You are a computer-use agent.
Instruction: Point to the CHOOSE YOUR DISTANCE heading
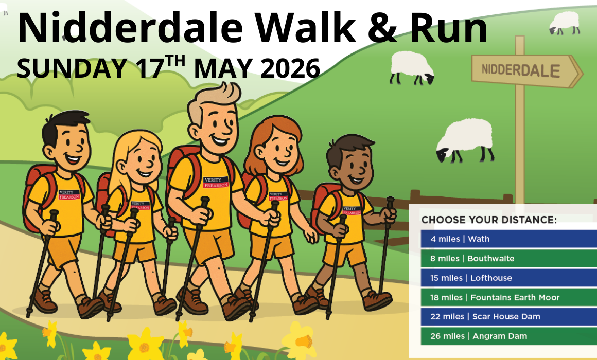point(489,220)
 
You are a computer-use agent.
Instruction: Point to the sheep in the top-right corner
point(564,23)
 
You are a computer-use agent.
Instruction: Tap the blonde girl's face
point(140,159)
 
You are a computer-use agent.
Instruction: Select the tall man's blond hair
point(212,101)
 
